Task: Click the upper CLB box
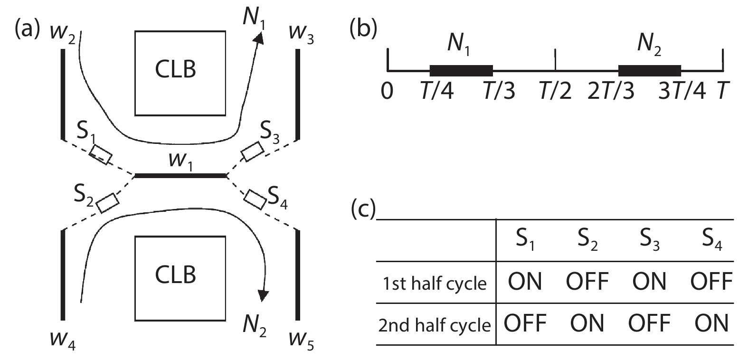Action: point(180,74)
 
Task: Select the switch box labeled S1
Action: point(101,155)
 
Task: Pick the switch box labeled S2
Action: point(108,203)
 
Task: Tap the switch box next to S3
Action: point(252,152)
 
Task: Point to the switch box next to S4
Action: point(255,199)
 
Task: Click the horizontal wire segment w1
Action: point(181,176)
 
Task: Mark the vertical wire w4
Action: point(63,274)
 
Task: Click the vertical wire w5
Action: point(298,274)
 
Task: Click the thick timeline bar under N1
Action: point(461,71)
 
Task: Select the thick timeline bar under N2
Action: point(649,71)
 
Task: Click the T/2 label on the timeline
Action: point(555,90)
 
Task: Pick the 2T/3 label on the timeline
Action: point(611,90)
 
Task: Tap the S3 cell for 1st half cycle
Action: point(649,281)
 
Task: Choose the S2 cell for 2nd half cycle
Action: point(587,323)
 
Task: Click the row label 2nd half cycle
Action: point(434,325)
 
